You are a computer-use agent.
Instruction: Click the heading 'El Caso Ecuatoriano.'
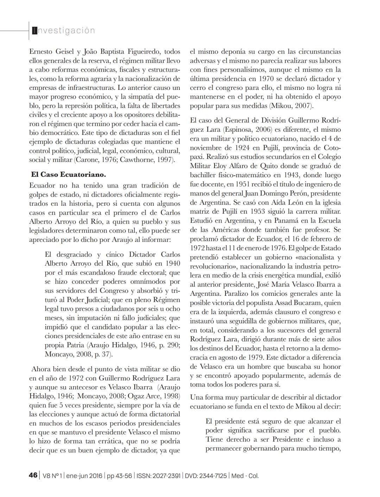click(68, 174)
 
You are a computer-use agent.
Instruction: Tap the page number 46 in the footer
click(33, 475)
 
